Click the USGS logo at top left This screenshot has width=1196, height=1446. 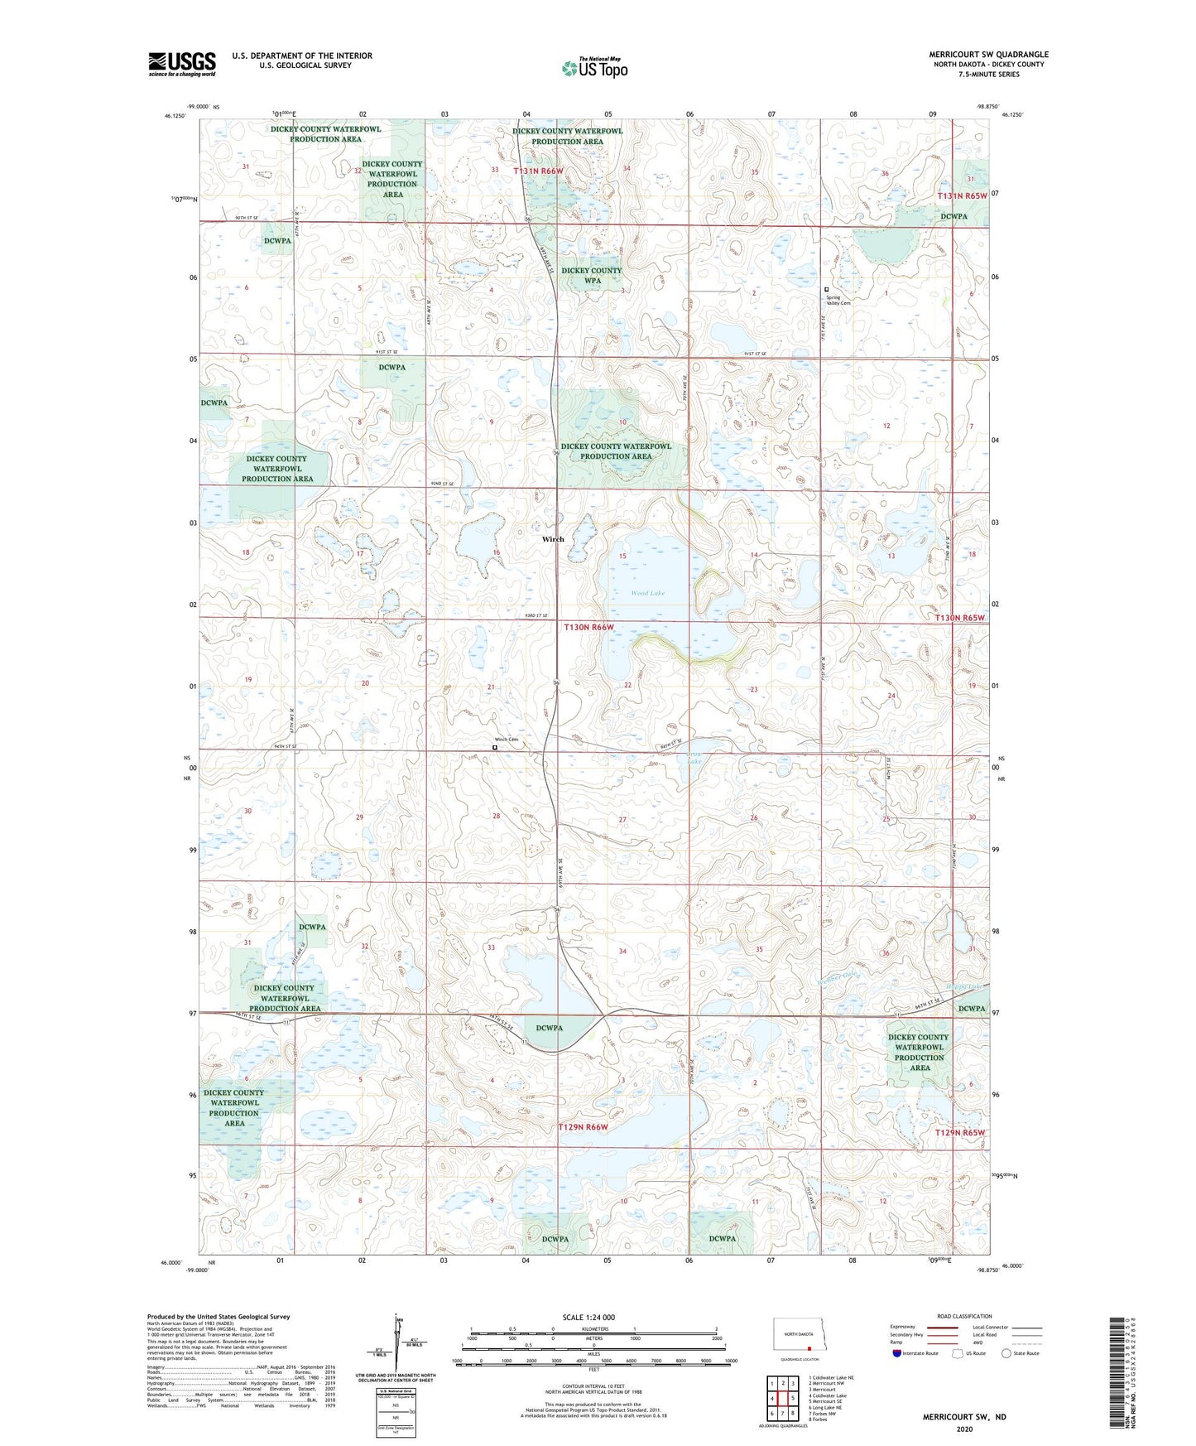(x=181, y=64)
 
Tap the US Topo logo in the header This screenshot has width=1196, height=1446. (x=594, y=68)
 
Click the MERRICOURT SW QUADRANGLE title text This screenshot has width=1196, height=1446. (x=988, y=55)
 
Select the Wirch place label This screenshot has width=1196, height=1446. (x=553, y=539)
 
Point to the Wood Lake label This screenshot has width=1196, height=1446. (x=647, y=593)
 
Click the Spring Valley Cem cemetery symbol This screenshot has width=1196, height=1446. (x=826, y=289)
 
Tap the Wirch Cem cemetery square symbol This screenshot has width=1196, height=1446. (x=495, y=747)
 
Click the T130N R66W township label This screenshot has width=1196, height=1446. (x=589, y=627)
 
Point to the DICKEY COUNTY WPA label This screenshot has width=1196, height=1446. (x=591, y=275)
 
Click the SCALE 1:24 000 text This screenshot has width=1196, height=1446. (x=588, y=1318)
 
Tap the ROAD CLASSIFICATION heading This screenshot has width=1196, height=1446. (x=964, y=1316)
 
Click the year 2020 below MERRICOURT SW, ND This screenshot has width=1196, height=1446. (x=963, y=1429)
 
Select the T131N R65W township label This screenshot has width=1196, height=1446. (x=962, y=195)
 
